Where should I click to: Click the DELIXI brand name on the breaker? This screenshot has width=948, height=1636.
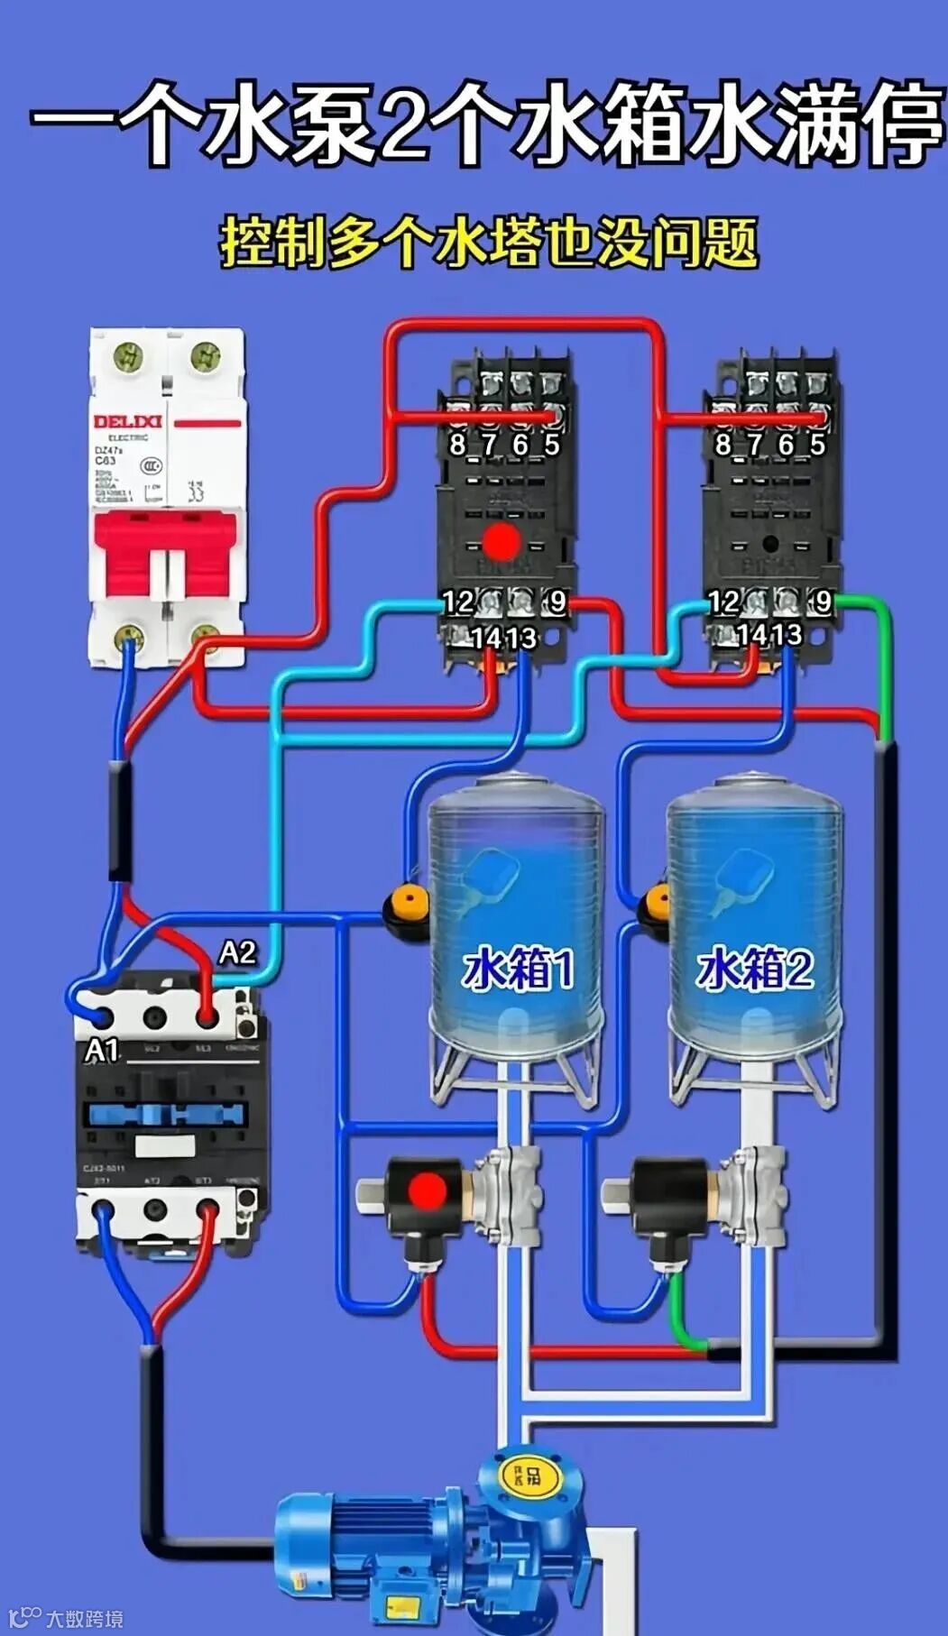[x=127, y=422]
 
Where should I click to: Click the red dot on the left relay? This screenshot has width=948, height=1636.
[x=500, y=541]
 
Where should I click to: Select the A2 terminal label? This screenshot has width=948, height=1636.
[x=237, y=952]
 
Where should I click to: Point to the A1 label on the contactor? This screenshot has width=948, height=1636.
[x=102, y=1050]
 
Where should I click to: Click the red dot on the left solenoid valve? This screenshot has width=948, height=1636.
[x=427, y=1190]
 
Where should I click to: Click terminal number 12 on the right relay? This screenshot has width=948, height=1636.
[x=723, y=602]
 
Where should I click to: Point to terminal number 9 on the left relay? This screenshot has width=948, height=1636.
[x=557, y=602]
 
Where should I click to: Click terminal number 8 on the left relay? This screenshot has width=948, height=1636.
[x=457, y=445]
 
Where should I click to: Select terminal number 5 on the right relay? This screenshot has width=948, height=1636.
[x=817, y=445]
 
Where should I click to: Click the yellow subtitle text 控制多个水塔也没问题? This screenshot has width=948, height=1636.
[x=488, y=241]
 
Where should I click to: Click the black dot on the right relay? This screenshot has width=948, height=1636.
[x=769, y=544]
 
